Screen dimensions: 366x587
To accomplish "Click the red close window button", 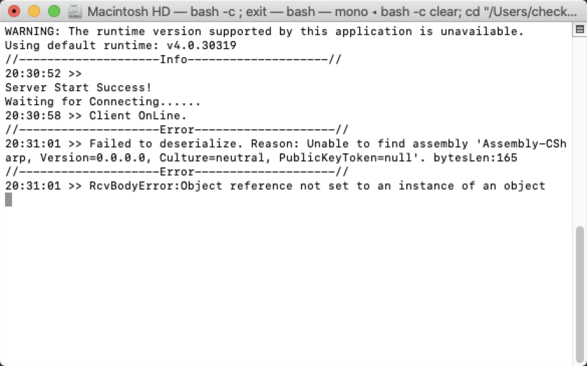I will coord(15,11).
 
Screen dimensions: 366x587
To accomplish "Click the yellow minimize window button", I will coord(34,11).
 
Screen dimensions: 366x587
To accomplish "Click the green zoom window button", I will coord(54,11).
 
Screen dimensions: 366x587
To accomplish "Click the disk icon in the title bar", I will coord(75,11).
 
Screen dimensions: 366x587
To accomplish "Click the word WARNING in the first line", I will coord(30,32).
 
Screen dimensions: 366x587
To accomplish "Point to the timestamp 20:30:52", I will coord(33,74).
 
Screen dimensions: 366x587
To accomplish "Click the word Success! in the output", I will coord(124,88).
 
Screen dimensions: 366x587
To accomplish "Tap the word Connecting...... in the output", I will coord(145,102).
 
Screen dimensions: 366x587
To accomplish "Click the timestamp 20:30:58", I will coord(33,116).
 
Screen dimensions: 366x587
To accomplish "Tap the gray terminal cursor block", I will coord(8,200).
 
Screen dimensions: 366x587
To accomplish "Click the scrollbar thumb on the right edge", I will coord(580,291).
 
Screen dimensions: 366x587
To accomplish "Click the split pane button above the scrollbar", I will coord(580,30).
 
